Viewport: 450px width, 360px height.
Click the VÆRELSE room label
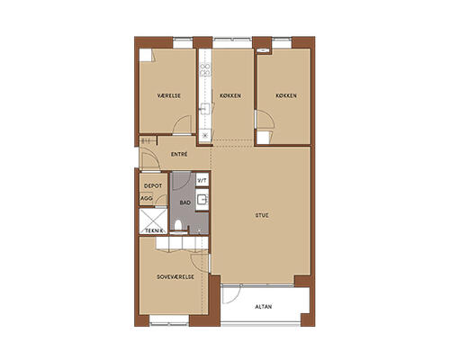point(169,95)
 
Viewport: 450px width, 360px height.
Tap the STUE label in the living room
point(262,215)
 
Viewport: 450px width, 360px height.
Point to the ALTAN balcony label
point(264,307)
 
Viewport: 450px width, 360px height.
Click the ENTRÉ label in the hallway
point(179,154)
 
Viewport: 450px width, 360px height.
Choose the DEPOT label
point(153,186)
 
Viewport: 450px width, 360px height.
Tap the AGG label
point(147,198)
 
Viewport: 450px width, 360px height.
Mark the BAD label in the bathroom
point(185,202)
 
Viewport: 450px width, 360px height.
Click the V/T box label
point(202,181)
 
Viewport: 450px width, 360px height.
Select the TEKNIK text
point(155,230)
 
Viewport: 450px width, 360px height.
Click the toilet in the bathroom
point(178,225)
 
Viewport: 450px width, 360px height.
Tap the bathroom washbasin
point(202,199)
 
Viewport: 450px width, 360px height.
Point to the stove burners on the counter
point(205,69)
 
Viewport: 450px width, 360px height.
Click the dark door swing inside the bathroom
point(181,181)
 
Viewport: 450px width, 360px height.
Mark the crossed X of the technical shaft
point(153,221)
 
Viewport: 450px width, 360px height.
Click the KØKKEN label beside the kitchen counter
point(230,95)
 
